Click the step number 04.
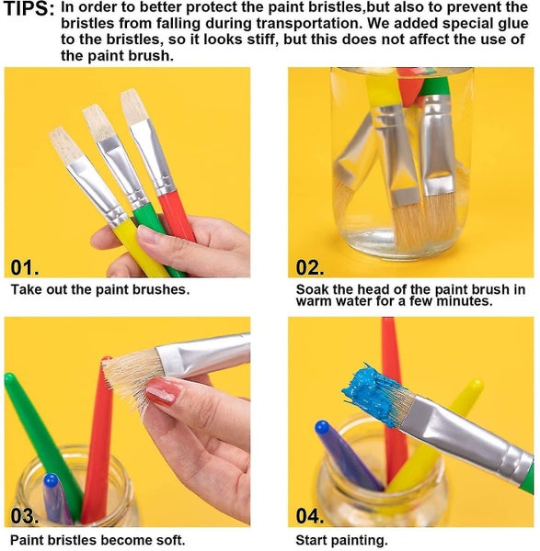click(x=311, y=515)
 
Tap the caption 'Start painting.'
click(x=341, y=540)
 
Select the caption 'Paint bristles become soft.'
click(x=98, y=540)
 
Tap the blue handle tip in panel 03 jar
click(x=52, y=483)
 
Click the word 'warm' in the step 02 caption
click(x=315, y=301)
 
